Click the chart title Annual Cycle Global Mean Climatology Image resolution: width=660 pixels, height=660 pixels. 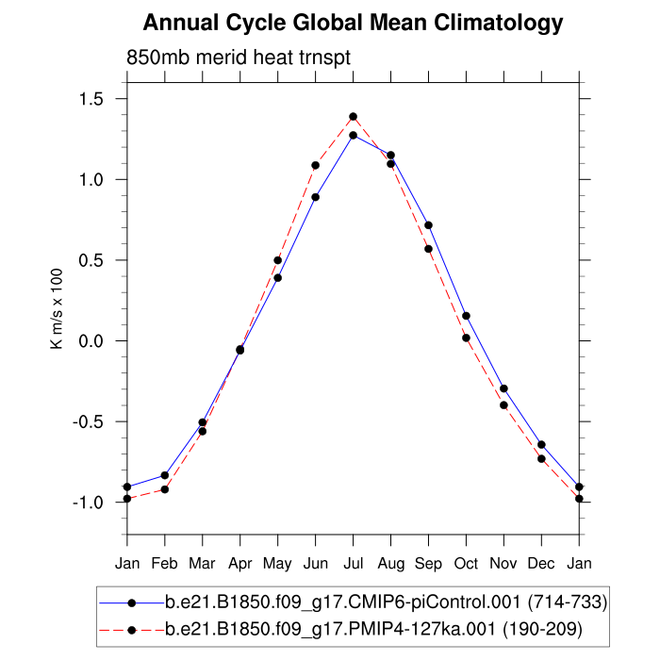tap(353, 23)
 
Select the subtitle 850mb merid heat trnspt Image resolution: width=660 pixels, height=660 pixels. tap(239, 57)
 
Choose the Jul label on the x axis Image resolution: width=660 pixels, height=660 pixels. tap(353, 563)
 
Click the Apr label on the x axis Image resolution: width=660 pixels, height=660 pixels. tap(240, 563)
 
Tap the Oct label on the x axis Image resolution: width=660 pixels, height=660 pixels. tap(466, 563)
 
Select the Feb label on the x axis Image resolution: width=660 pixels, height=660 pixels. tap(165, 563)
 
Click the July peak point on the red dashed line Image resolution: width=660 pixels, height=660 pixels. tap(353, 117)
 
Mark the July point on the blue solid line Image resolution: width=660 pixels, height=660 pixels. tap(353, 135)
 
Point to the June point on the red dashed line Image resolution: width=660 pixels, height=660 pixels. tap(315, 165)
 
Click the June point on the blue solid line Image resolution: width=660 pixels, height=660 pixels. tap(315, 197)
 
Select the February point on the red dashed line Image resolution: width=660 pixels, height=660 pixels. tap(165, 489)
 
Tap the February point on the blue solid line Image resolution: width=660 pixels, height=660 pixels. tap(165, 475)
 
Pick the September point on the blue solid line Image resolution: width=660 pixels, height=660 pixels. tap(428, 225)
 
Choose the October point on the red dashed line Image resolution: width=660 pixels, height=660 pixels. tap(466, 338)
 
